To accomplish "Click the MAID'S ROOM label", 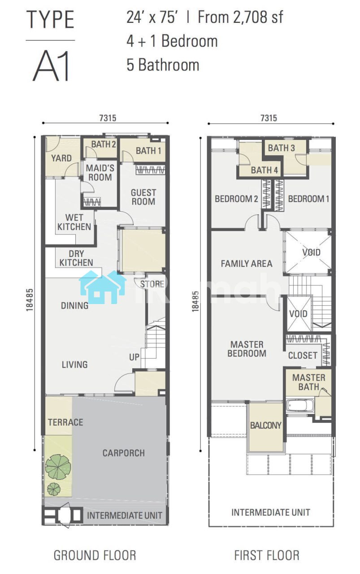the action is pos(100,173).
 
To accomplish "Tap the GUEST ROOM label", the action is pos(143,197).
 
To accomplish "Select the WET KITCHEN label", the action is pos(74,222).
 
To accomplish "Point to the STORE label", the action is pos(152,284).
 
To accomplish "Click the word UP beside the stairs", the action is pos(134,357).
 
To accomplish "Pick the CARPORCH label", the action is pos(123,453).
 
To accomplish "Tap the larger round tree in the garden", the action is pos(58,467).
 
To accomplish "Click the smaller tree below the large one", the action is pos(54,489).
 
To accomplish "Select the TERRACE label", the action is pos(65,422).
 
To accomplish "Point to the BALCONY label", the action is pos(266,426).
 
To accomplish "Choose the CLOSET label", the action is pos(303,356).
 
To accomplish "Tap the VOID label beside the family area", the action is pos(311,252).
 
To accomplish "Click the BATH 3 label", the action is pos(282,148).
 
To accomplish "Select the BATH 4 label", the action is pos(265,170).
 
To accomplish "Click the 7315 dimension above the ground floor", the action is pos(108,118).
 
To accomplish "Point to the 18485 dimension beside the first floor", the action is pos(195,301).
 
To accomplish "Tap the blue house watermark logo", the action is pos(103,287).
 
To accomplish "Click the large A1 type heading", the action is pos(51,66).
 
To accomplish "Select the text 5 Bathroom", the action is pos(163,65).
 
